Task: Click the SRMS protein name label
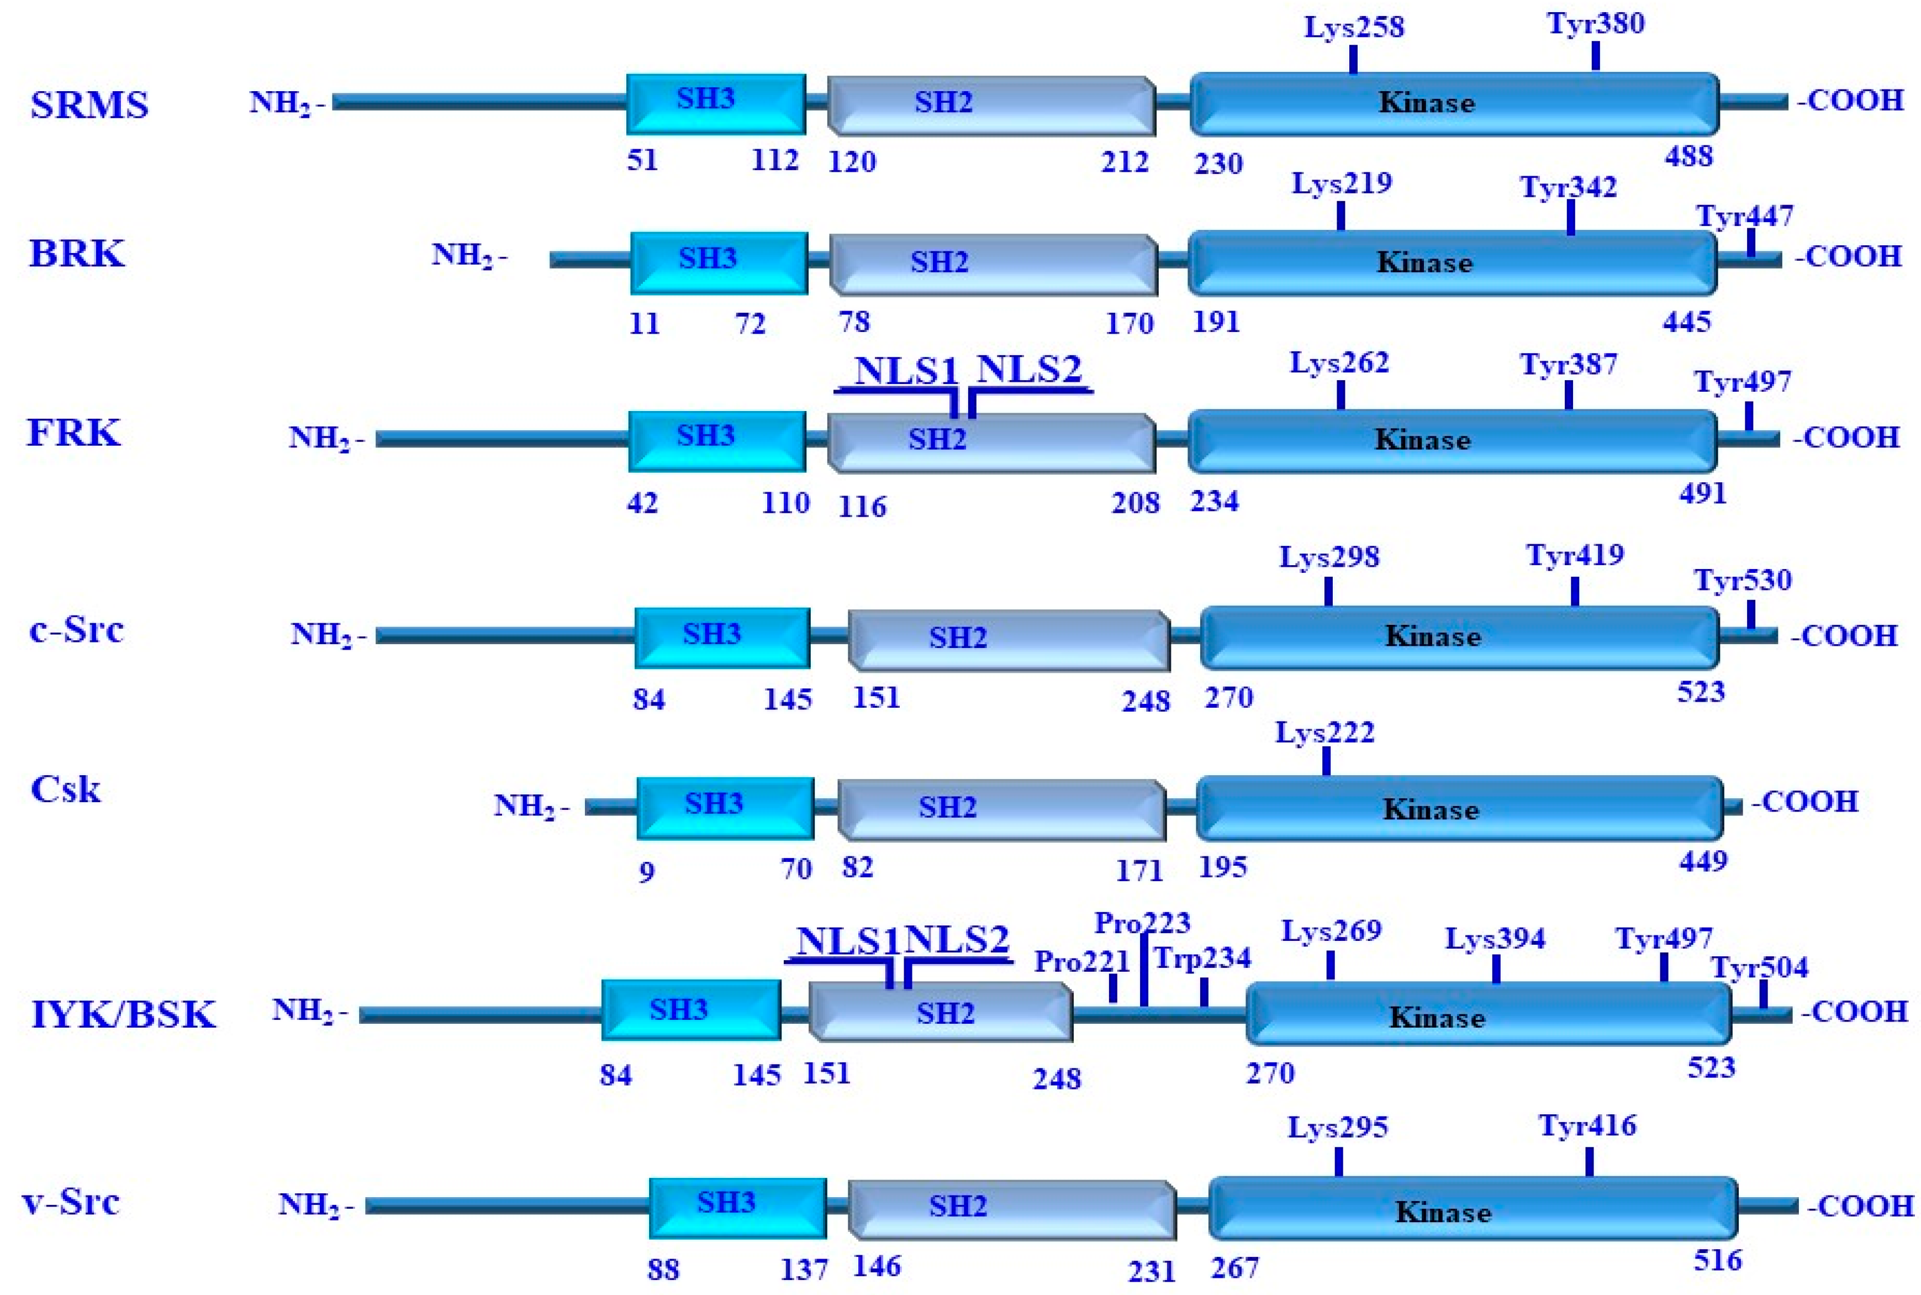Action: coord(89,105)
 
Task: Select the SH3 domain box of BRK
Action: coord(718,262)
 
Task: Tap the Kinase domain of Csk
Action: coord(1459,809)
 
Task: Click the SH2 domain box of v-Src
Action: coord(1011,1208)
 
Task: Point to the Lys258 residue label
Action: coord(1353,27)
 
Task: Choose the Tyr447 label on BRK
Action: coord(1744,217)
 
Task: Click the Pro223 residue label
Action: coord(1143,923)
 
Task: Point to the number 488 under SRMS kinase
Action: coord(1688,156)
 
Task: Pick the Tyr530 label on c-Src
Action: coord(1743,581)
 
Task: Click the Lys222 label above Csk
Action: coord(1325,733)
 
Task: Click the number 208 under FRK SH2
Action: coord(1135,503)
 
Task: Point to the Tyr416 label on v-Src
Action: coord(1587,1126)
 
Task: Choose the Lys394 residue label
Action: coord(1495,939)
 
